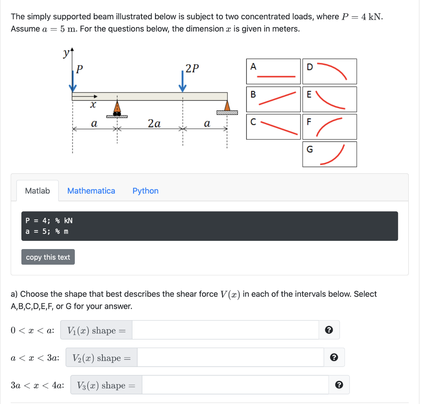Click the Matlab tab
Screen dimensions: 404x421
(x=37, y=191)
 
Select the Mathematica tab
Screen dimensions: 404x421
(x=91, y=191)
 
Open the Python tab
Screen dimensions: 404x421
(x=145, y=191)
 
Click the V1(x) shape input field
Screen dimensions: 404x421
(x=225, y=330)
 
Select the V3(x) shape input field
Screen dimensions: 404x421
(x=235, y=385)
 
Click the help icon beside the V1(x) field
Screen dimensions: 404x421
(x=328, y=330)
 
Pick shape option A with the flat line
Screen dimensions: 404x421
(x=273, y=72)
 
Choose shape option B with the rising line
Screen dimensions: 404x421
(x=273, y=99)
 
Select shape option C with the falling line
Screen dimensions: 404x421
(x=273, y=127)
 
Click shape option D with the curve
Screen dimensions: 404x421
(x=329, y=72)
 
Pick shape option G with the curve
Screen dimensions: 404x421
(x=329, y=154)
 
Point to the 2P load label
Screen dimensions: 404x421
(x=192, y=69)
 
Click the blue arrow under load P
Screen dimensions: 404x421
(x=73, y=82)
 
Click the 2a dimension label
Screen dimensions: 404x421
(x=154, y=123)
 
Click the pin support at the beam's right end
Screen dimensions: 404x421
(x=227, y=108)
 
